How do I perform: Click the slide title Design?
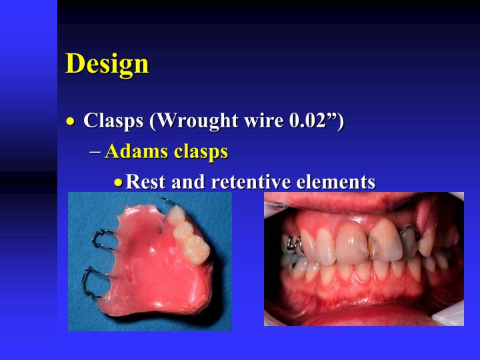click(107, 63)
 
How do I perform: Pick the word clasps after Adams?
click(201, 152)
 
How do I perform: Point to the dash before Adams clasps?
click(95, 152)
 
